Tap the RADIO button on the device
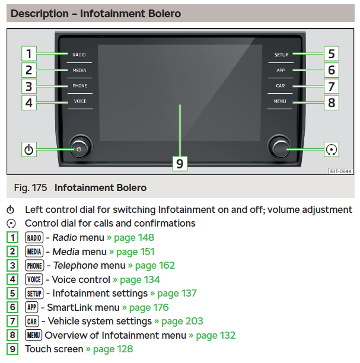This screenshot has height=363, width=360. point(79,55)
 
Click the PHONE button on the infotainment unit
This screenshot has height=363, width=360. point(79,86)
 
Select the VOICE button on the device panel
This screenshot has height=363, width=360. point(80,101)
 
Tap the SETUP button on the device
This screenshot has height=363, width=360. point(281,55)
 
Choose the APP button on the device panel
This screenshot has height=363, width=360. point(281,71)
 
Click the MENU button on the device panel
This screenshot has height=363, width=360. point(280,101)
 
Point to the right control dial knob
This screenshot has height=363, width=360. point(279,147)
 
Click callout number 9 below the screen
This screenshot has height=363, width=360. point(180,164)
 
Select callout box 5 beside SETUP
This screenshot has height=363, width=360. point(332,54)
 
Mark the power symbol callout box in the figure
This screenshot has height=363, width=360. point(29,149)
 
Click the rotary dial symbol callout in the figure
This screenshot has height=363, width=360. point(332,149)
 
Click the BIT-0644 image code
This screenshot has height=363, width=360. point(340,171)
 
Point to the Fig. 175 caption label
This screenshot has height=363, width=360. point(30,187)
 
